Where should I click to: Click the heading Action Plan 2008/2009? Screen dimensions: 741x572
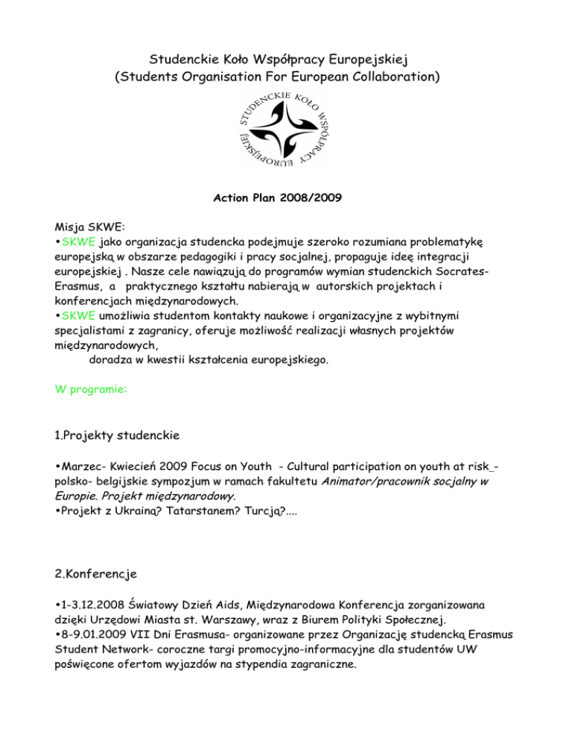click(x=286, y=200)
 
